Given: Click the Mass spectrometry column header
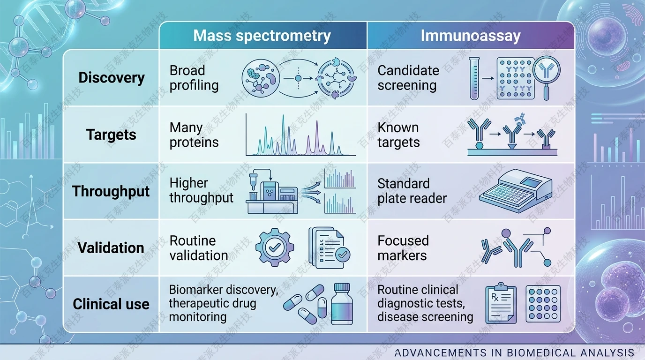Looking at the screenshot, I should (262, 36).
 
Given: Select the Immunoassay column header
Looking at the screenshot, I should (470, 36).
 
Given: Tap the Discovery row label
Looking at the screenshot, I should (112, 77).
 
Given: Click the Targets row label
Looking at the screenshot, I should (112, 135).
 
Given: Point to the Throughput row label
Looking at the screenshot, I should (111, 191).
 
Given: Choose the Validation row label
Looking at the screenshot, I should (111, 247).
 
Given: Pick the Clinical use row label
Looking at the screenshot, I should (111, 304).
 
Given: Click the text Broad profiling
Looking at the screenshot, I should (194, 78).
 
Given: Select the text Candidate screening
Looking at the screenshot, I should (408, 78).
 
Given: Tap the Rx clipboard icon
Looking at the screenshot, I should (501, 303).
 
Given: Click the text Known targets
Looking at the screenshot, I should (398, 135).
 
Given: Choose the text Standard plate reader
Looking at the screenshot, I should (412, 191).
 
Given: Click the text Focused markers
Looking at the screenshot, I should (403, 248).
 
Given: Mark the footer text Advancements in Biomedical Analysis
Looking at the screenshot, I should (514, 353).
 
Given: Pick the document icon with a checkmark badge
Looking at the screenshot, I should (329, 248).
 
